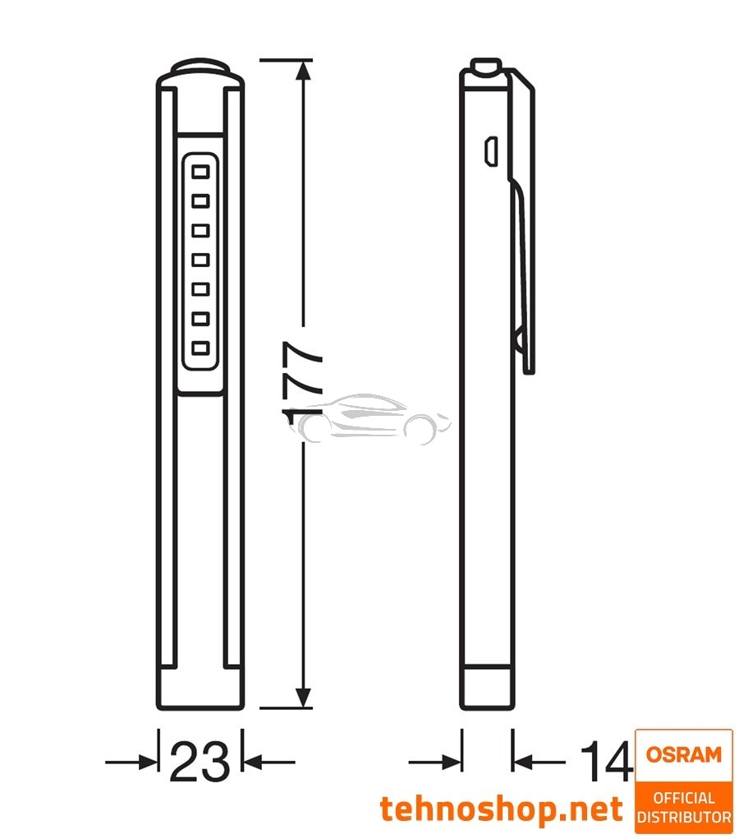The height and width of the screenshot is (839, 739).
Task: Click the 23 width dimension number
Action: (x=200, y=762)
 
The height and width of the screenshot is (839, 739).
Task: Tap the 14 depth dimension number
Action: (x=606, y=762)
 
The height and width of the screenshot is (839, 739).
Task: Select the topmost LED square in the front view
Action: (x=200, y=172)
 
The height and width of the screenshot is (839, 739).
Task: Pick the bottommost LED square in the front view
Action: (x=200, y=348)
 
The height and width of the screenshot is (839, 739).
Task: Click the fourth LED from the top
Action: (x=200, y=260)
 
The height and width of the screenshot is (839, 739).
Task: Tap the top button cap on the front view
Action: (x=200, y=67)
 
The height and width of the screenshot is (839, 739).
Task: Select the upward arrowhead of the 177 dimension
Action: (x=304, y=72)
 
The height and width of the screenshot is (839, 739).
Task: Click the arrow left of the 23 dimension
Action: (x=135, y=763)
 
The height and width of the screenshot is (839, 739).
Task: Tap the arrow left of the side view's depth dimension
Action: (x=439, y=763)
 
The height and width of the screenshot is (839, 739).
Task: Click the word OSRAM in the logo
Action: (x=683, y=754)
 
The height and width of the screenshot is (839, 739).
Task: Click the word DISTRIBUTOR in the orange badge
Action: (x=683, y=817)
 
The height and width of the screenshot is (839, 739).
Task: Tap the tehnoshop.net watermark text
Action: (x=501, y=809)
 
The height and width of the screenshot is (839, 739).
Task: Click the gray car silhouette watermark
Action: (x=374, y=419)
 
